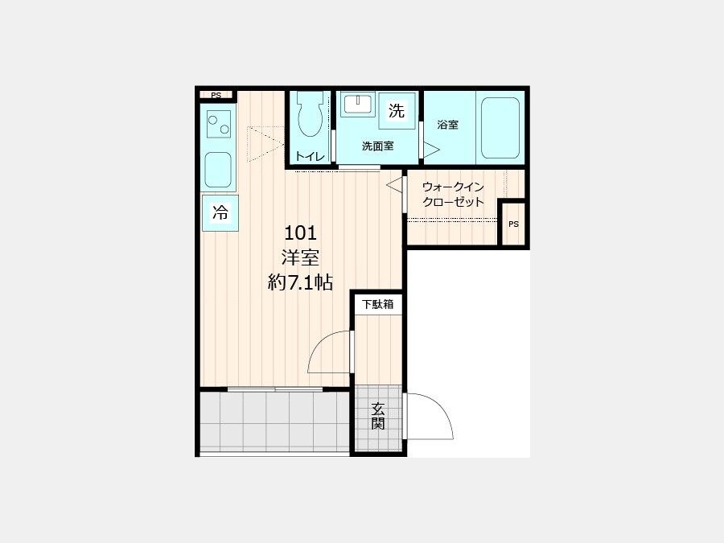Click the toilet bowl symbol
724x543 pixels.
pyautogui.click(x=310, y=115)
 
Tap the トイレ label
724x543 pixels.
pyautogui.click(x=310, y=156)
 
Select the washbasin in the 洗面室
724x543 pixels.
pyautogui.click(x=358, y=105)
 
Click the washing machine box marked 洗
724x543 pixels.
pyautogui.click(x=396, y=111)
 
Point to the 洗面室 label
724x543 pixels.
pyautogui.click(x=378, y=146)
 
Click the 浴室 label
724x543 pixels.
pyautogui.click(x=448, y=125)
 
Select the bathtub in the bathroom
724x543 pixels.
pyautogui.click(x=500, y=127)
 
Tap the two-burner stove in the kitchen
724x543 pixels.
pyautogui.click(x=218, y=124)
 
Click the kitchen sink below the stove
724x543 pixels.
pyautogui.click(x=218, y=170)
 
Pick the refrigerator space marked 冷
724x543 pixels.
pyautogui.click(x=220, y=213)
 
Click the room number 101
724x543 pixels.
pyautogui.click(x=300, y=233)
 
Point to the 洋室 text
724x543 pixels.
pyautogui.click(x=300, y=257)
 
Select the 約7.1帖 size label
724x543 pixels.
pyautogui.click(x=300, y=282)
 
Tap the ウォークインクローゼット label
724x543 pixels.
pyautogui.click(x=453, y=195)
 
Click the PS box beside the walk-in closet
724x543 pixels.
pyautogui.click(x=513, y=224)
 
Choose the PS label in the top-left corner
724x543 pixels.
pyautogui.click(x=216, y=96)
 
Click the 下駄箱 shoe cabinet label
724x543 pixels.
pyautogui.click(x=378, y=304)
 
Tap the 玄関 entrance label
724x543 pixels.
pyautogui.click(x=378, y=416)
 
